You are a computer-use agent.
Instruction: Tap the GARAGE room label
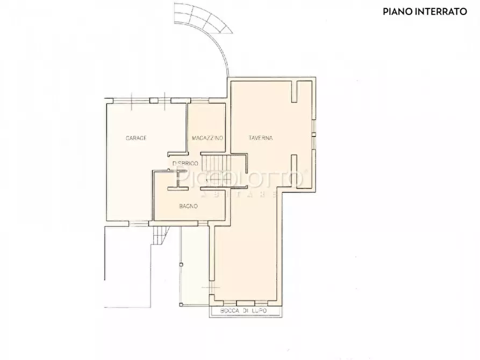[136, 139]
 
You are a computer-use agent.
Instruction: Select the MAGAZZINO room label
[207, 139]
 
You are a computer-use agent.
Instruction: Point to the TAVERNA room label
[261, 139]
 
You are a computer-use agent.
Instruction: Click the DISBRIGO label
[185, 163]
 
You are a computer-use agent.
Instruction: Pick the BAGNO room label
[188, 206]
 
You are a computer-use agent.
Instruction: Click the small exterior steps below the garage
[160, 235]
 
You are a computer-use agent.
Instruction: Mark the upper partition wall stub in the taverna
[294, 91]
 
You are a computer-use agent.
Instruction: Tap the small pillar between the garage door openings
[153, 100]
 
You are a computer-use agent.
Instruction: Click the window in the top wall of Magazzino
[200, 100]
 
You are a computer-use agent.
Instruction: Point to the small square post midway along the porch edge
[181, 264]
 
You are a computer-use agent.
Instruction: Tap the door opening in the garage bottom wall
[139, 222]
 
